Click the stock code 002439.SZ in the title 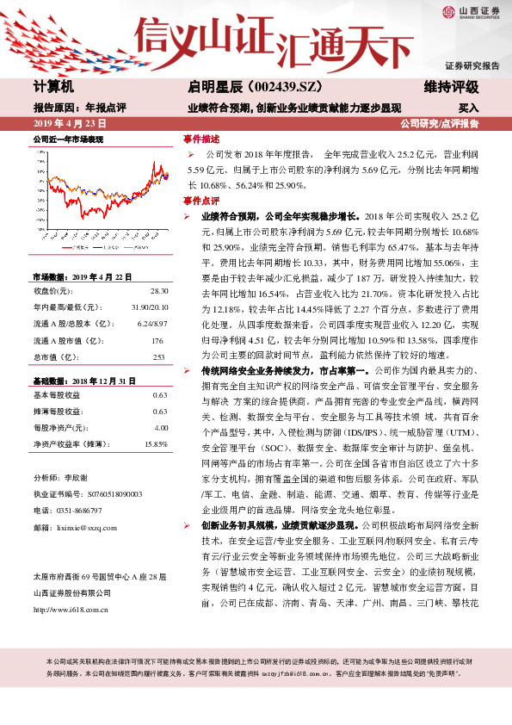pos(267,88)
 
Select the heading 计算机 pos(54,88)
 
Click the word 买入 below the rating pos(468,109)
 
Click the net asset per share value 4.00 pos(160,427)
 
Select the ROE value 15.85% pos(156,443)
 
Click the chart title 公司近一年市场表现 pos(68,139)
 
